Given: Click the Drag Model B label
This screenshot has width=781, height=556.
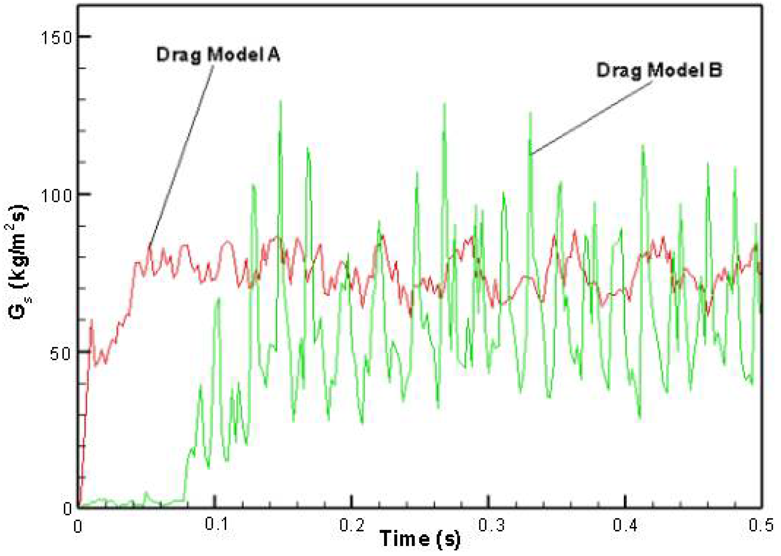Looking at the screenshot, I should [659, 70].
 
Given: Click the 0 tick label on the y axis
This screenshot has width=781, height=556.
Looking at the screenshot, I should [67, 509].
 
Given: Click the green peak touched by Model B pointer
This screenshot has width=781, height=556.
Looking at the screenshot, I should [530, 113].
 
